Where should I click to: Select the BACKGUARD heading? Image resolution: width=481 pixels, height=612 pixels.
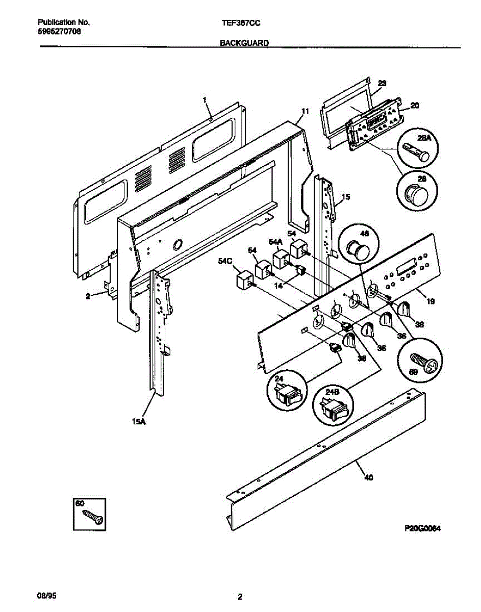244,44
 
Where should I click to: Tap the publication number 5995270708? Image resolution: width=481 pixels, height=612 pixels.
59,31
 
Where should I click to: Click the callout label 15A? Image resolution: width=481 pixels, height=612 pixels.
137,421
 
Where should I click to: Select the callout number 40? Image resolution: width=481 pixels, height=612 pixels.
368,477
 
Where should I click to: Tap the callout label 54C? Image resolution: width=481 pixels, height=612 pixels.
224,261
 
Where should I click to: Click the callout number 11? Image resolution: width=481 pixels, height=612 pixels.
305,111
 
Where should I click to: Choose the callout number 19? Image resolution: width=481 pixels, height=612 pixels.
431,301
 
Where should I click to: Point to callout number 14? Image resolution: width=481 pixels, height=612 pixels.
278,286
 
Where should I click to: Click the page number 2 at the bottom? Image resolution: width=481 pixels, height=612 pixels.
240,597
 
